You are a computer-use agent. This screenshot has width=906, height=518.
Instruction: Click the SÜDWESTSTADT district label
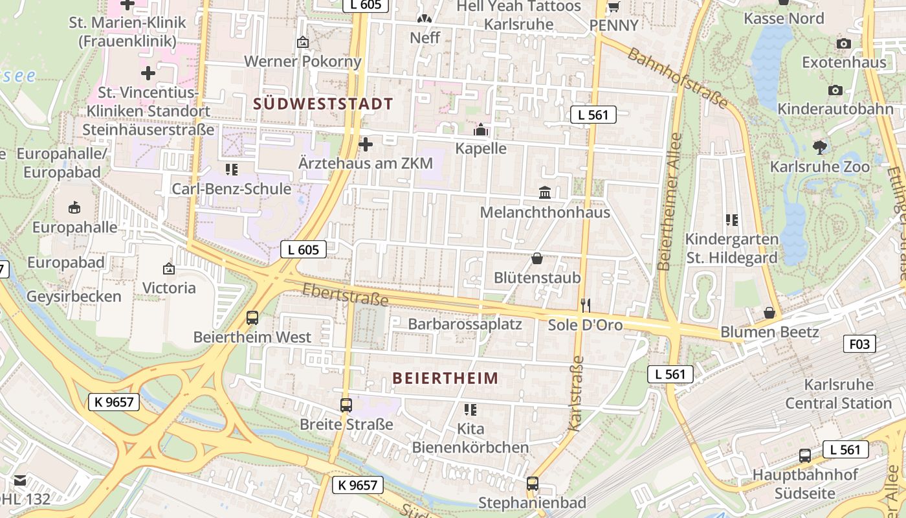[x=323, y=104]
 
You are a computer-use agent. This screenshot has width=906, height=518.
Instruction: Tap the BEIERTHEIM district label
[x=446, y=378]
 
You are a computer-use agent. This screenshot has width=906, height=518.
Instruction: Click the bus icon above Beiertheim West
[x=252, y=318]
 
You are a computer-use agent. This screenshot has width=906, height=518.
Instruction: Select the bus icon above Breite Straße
[x=346, y=405]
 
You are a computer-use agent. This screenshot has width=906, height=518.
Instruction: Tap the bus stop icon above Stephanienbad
[x=532, y=483]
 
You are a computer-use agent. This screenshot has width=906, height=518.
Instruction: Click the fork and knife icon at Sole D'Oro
[x=586, y=306]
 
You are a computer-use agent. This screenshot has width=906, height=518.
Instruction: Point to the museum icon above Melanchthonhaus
[x=545, y=193]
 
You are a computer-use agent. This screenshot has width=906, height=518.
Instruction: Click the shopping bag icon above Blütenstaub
[x=537, y=259]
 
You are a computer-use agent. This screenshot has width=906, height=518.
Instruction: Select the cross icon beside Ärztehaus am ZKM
[x=366, y=144]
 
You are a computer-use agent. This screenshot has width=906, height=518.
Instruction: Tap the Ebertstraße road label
[x=345, y=295]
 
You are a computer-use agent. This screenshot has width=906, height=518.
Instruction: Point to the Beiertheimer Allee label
[x=669, y=201]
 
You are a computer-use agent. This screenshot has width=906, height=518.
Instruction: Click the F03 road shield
[x=859, y=343]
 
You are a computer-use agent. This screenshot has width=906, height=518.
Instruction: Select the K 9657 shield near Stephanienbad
[x=358, y=484]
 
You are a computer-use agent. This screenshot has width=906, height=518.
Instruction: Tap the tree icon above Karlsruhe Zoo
[x=820, y=147]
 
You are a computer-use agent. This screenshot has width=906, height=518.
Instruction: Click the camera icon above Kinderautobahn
[x=835, y=90]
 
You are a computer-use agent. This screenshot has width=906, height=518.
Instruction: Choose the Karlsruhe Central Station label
[x=838, y=394]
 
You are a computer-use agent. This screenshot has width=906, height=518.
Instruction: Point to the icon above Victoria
[x=169, y=268]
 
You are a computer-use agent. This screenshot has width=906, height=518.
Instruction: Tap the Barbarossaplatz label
[x=465, y=324]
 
